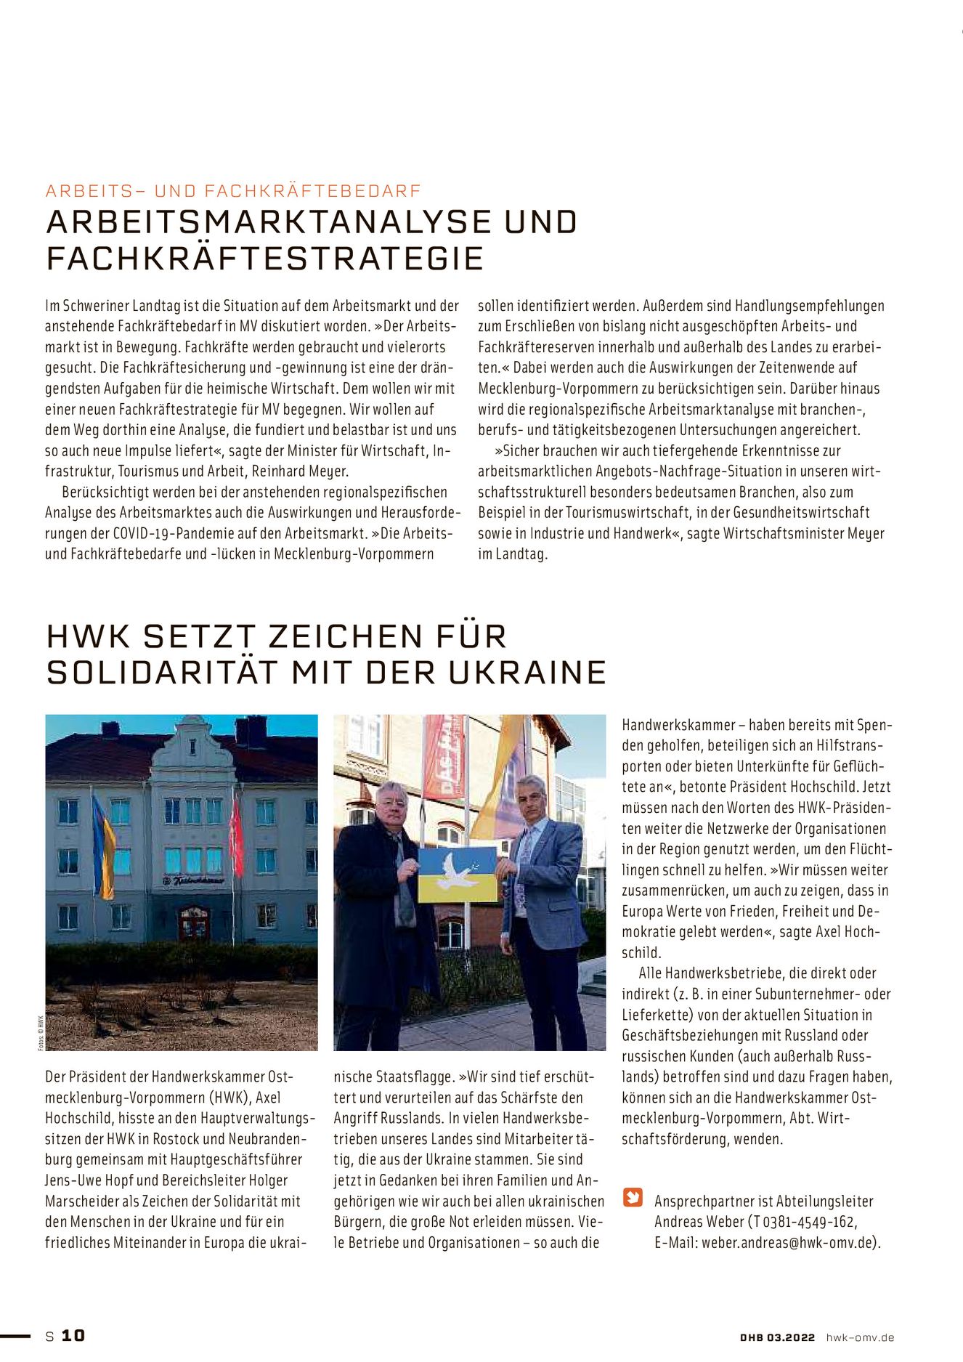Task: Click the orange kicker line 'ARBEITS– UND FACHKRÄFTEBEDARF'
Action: [x=233, y=191]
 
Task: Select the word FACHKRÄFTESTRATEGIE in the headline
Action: [x=265, y=259]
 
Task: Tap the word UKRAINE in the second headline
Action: [x=527, y=673]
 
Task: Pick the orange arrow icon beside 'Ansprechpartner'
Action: [x=633, y=1196]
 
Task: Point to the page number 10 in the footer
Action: [x=73, y=1336]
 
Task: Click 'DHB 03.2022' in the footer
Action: [x=777, y=1337]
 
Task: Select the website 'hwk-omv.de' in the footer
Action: [x=860, y=1337]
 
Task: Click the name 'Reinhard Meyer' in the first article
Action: [x=300, y=471]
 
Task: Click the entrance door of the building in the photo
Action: [x=193, y=923]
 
